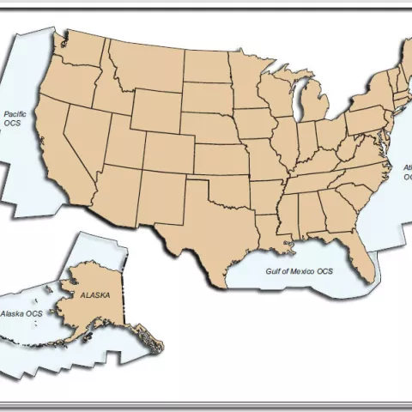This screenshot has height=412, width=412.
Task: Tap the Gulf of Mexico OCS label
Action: (x=300, y=271)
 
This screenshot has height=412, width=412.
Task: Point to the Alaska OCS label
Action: (x=21, y=314)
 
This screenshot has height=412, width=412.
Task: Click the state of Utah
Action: (x=125, y=142)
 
